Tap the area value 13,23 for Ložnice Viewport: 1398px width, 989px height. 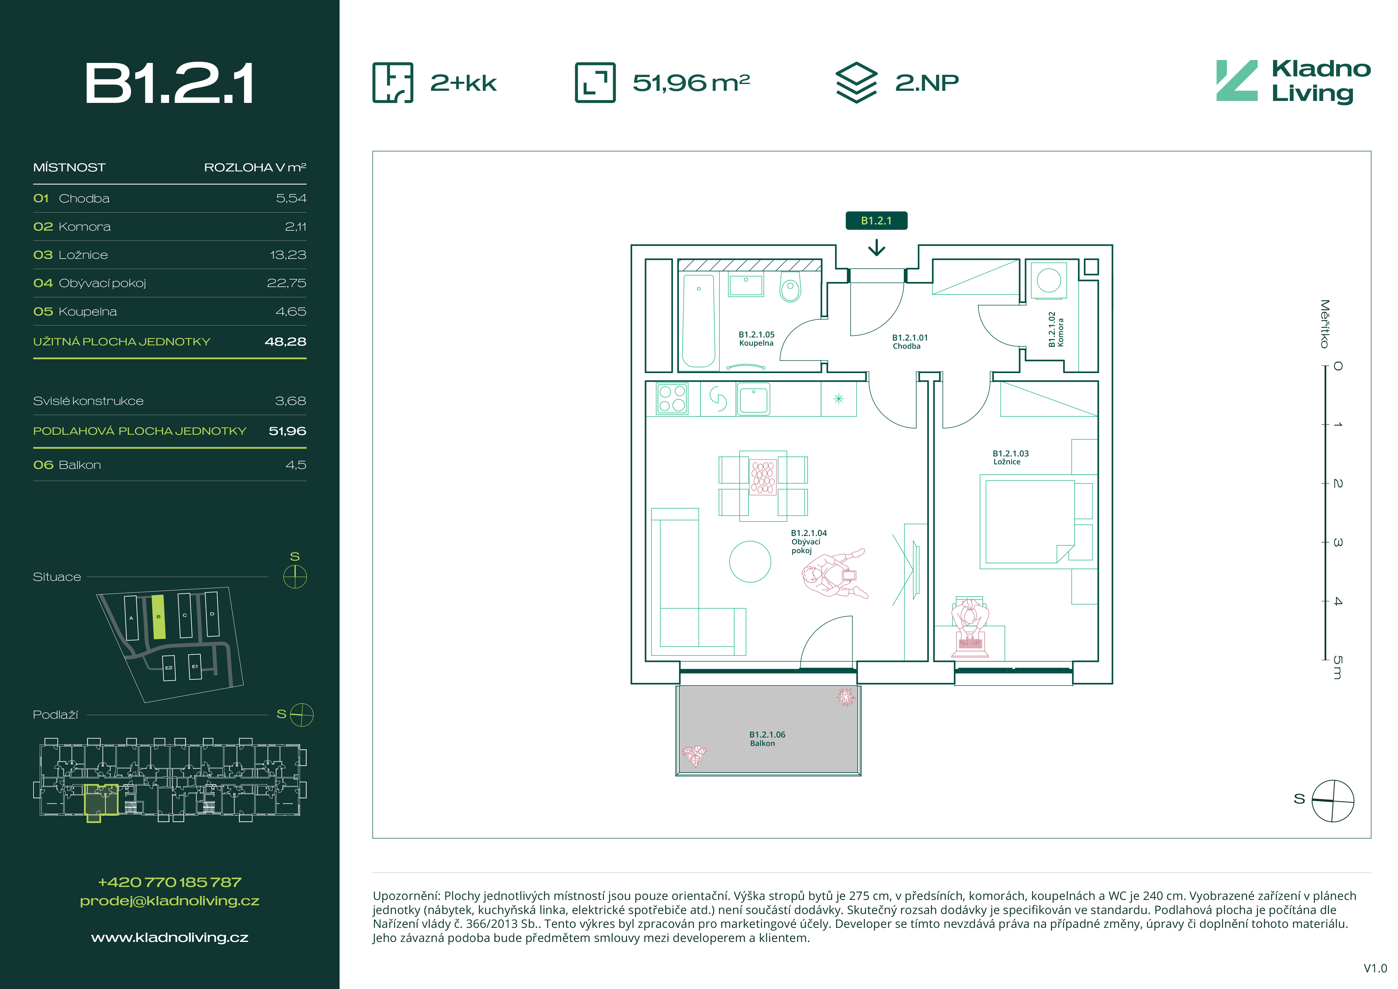coord(288,255)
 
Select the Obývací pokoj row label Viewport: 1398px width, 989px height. coord(102,283)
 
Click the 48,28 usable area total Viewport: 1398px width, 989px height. coord(285,342)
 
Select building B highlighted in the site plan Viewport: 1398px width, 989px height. coord(158,617)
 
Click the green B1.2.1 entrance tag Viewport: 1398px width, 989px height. coord(876,220)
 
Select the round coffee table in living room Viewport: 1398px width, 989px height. coord(750,562)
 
